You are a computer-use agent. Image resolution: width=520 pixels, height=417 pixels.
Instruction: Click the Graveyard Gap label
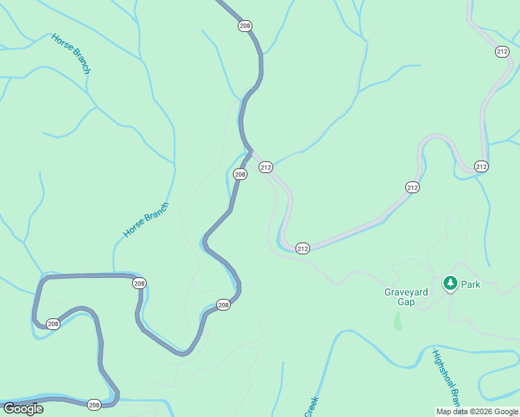pos(406,297)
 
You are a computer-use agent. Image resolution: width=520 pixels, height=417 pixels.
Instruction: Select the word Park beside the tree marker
pos(471,284)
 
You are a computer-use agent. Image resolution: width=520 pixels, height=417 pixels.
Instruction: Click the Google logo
pos(23,409)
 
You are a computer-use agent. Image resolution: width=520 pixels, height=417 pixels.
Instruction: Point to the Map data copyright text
pos(477,411)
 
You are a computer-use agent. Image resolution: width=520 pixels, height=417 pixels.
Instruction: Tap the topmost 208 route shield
pos(244,26)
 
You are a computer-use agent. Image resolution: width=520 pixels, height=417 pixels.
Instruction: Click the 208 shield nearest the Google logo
pos(94,404)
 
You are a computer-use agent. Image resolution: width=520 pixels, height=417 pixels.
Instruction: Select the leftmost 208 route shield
pos(54,324)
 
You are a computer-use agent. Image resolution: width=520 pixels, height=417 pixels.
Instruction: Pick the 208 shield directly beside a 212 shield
pos(240,174)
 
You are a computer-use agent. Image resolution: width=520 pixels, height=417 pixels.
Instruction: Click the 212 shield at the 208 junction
pos(266,167)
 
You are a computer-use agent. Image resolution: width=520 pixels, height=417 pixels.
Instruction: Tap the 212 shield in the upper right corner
pos(502,51)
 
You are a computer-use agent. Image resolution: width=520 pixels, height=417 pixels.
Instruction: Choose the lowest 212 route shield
pos(302,248)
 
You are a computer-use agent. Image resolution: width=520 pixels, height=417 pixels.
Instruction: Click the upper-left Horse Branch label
pos(71,53)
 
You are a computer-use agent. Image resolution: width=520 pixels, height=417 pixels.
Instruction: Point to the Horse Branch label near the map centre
pos(146,220)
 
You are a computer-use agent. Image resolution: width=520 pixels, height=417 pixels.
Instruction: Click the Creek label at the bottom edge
pos(311,407)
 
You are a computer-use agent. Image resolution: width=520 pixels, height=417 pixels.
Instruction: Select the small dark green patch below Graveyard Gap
pos(397,321)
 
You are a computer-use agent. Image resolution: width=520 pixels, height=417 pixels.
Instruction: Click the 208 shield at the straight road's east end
pos(139,283)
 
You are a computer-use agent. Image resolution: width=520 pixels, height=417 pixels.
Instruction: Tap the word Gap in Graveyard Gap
pos(406,302)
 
